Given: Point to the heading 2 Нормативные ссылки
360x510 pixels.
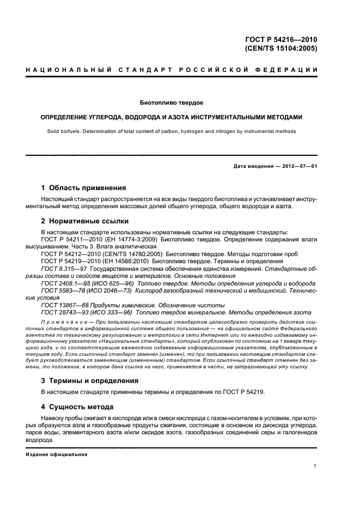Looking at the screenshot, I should click(x=85, y=221).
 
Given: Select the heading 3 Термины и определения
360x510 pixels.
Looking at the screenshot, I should click(x=90, y=380).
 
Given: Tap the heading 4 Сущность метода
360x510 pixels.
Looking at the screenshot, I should click(x=77, y=406).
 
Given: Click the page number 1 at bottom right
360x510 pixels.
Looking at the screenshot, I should click(x=315, y=466).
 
